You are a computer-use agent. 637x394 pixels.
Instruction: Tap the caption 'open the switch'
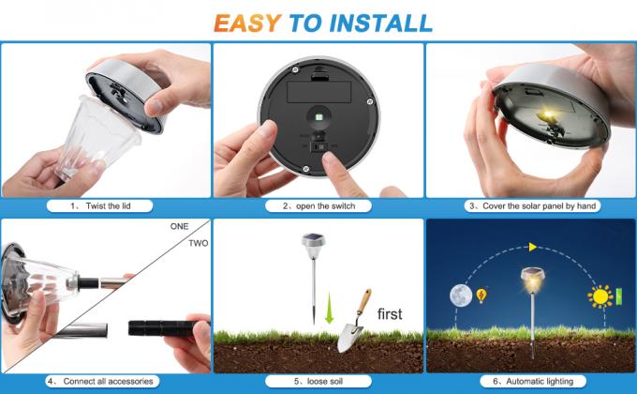click(x=318, y=205)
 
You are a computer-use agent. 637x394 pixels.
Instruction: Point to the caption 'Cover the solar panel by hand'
click(x=531, y=205)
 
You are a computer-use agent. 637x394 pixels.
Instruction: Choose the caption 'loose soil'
click(x=318, y=382)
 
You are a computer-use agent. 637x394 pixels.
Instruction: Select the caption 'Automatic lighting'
click(x=531, y=382)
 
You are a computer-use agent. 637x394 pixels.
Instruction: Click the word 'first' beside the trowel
click(x=390, y=313)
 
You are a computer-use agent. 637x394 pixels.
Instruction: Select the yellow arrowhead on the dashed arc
click(x=533, y=247)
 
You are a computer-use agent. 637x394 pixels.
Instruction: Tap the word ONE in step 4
click(x=179, y=227)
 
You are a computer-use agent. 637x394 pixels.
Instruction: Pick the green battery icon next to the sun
click(x=617, y=298)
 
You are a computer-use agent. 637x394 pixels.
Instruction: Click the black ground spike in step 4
click(x=158, y=329)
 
